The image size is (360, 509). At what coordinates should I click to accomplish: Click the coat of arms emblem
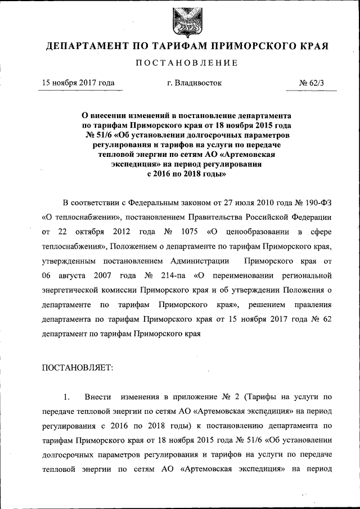179,21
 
